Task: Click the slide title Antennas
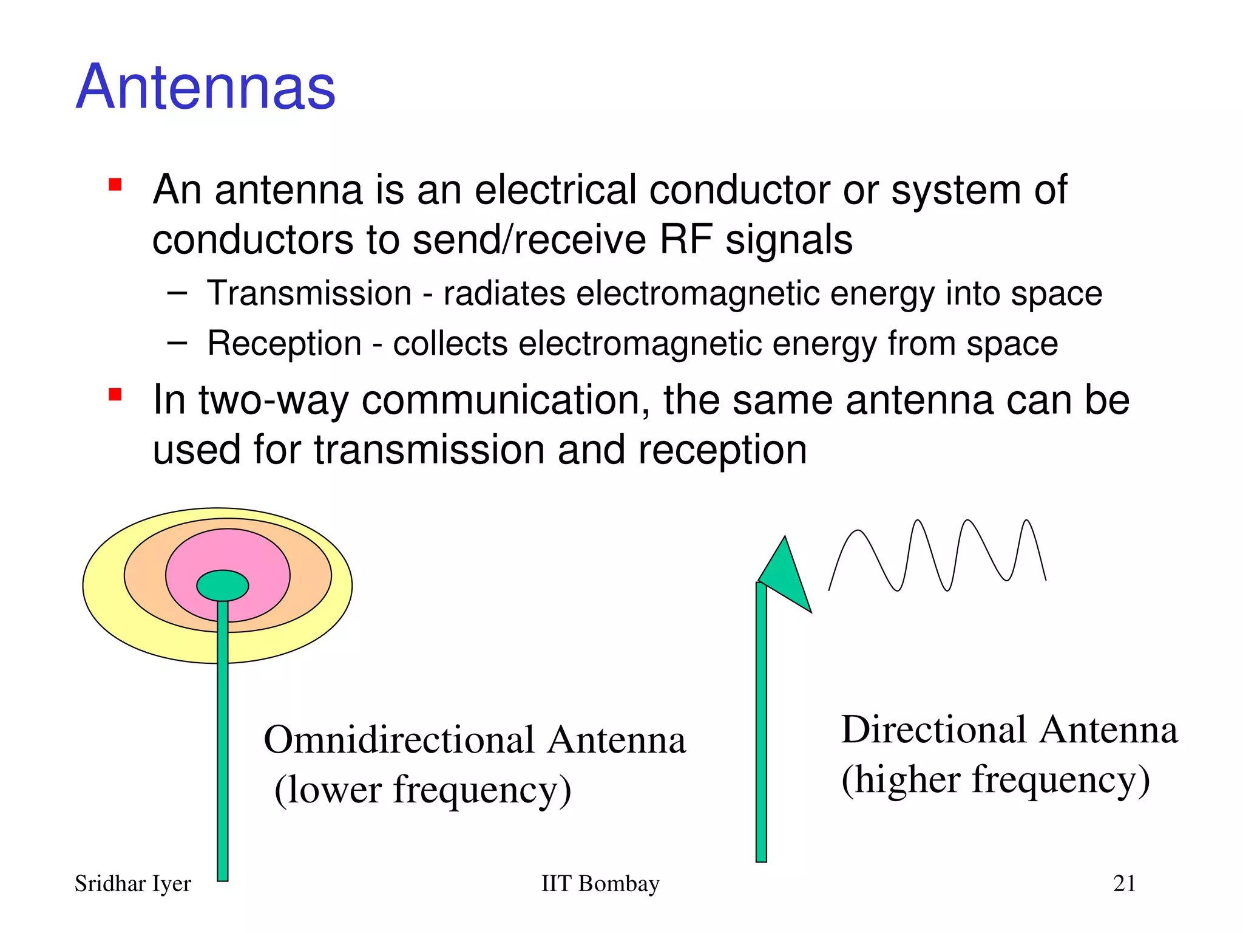[x=206, y=87]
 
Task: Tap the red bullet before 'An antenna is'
[x=115, y=185]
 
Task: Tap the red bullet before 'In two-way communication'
[x=115, y=395]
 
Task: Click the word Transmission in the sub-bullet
[x=310, y=293]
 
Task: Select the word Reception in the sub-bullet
[x=284, y=344]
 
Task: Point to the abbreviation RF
[x=685, y=239]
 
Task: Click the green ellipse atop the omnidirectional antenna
[x=223, y=586]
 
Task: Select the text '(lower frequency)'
[x=423, y=790]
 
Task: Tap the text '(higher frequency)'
[x=995, y=780]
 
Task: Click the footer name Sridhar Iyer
[x=132, y=884]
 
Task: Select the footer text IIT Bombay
[x=600, y=884]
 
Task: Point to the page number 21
[x=1124, y=884]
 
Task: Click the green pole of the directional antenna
[x=761, y=729]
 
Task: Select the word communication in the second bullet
[x=505, y=400]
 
